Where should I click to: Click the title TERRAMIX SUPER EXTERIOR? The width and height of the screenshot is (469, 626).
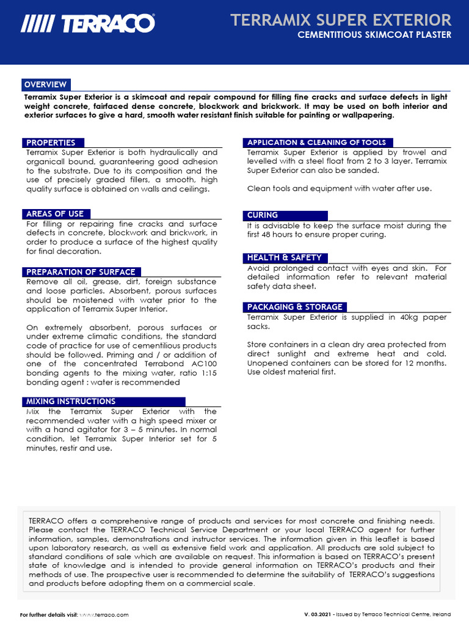[x=341, y=20]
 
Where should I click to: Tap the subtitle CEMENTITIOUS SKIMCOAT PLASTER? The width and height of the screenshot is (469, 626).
[x=374, y=35]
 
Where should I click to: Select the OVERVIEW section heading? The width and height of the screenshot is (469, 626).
[x=45, y=84]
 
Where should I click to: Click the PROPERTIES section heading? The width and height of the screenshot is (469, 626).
[x=51, y=142]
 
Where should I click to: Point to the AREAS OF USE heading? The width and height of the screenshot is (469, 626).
[x=55, y=214]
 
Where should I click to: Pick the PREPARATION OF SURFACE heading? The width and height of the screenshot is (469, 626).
[x=81, y=272]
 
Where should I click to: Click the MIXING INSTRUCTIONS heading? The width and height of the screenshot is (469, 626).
[x=71, y=402]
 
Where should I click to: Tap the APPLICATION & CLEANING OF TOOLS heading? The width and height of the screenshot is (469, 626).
[x=316, y=142]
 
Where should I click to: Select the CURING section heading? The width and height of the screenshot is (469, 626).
[x=263, y=215]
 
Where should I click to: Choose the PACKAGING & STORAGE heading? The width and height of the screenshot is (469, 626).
[x=294, y=307]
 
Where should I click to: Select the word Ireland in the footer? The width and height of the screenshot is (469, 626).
[x=441, y=614]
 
